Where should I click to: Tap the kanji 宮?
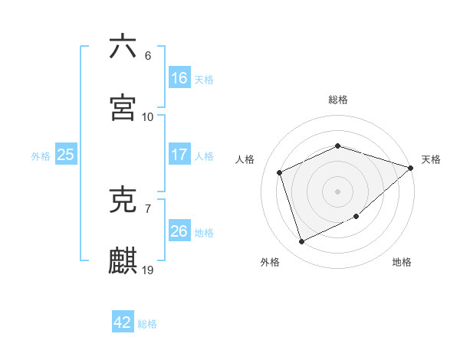[x=123, y=107]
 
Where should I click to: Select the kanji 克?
[x=123, y=199]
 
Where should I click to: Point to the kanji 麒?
[x=123, y=260]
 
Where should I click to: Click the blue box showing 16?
[x=179, y=78]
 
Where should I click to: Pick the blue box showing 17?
[x=179, y=155]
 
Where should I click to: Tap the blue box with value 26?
[x=179, y=231]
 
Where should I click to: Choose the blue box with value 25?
[x=66, y=155]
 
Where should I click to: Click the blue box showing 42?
[x=123, y=322]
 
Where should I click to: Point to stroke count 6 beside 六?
[x=148, y=56]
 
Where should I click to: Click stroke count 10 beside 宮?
[x=148, y=117]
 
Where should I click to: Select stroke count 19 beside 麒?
[x=148, y=270]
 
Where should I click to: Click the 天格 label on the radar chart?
[x=431, y=159]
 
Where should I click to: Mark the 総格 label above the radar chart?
[x=338, y=100]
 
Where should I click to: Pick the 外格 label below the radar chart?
[x=270, y=262]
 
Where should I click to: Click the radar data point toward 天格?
[x=411, y=168]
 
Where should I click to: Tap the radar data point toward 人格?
[x=280, y=172]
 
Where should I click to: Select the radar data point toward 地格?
[x=357, y=217]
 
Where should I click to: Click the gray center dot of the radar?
[x=337, y=191]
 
